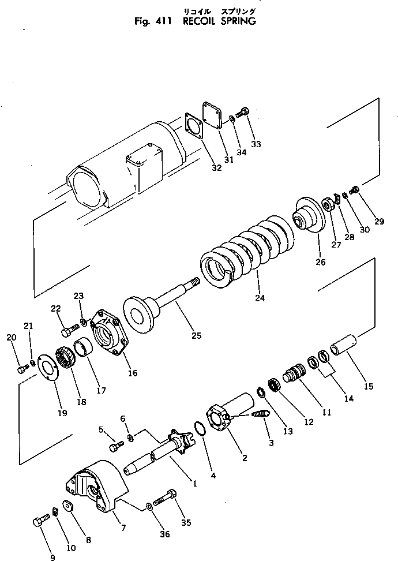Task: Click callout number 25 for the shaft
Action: point(196,335)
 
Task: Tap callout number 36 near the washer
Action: point(164,534)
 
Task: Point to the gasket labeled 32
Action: point(194,128)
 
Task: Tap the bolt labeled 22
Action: point(67,332)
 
